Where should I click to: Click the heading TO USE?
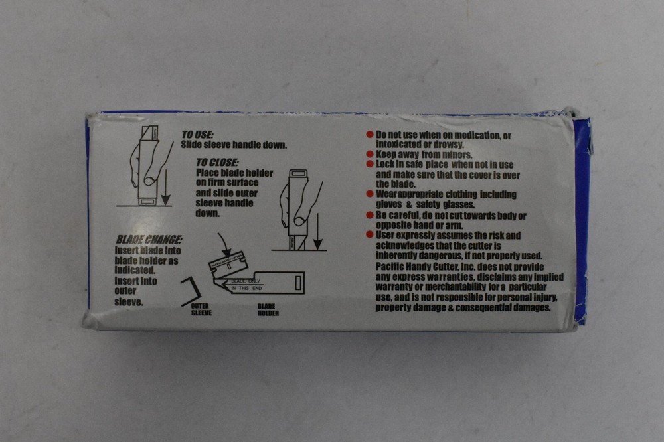click(197, 135)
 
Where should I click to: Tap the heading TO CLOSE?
click(217, 161)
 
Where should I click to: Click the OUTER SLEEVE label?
click(201, 310)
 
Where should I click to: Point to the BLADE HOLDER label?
click(268, 310)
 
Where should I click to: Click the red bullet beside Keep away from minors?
click(370, 154)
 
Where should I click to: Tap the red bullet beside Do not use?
click(370, 135)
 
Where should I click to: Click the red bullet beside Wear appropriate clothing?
click(370, 194)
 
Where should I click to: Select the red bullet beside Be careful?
click(370, 215)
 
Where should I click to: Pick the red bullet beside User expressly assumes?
click(370, 235)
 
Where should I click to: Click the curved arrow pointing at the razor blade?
click(224, 245)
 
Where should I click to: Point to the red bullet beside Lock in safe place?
click(370, 164)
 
